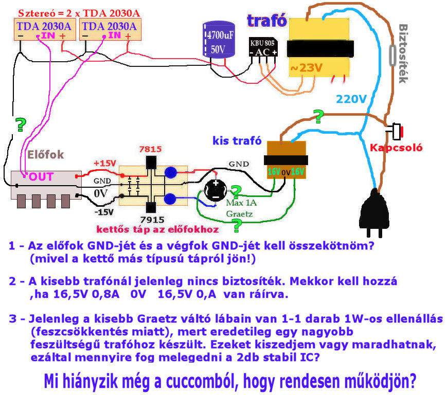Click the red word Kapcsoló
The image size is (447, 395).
(x=396, y=148)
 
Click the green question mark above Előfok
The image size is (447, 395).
(x=21, y=124)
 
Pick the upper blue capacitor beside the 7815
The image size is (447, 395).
(x=171, y=173)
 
